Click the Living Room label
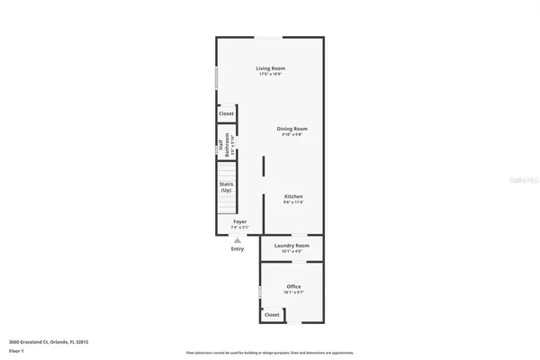pos(270,68)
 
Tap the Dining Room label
pos(292,130)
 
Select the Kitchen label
pos(293,196)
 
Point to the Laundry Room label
pos(292,246)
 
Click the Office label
pos(293,286)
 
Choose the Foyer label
pos(240,221)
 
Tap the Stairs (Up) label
pos(226,187)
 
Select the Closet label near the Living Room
pos(226,114)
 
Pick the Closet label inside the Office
pos(271,315)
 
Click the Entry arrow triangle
pos(238,240)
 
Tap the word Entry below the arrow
pos(238,249)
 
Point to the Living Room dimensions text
pos(270,74)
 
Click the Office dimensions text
pos(293,292)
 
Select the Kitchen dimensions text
pos(293,202)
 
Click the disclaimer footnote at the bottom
pos(270,352)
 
